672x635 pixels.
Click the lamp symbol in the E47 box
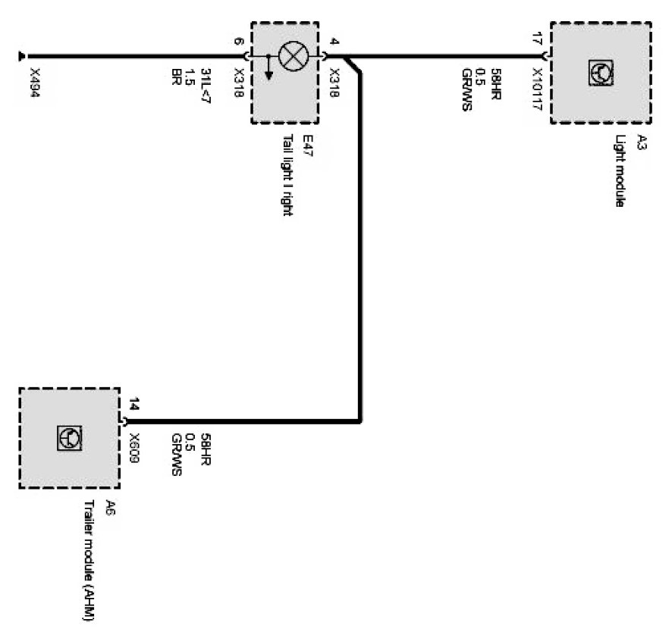tap(292, 56)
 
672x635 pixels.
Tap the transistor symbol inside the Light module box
tap(601, 73)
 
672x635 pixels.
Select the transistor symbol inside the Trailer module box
tap(69, 438)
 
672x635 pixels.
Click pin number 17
tap(537, 40)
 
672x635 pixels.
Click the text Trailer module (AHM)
tap(89, 561)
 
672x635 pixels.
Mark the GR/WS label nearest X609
tap(176, 453)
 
